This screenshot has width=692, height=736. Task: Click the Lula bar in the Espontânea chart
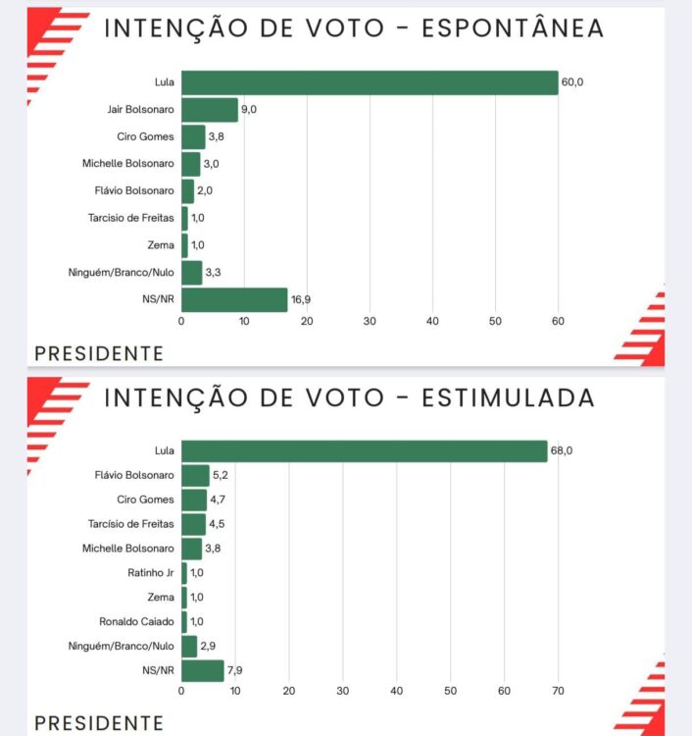[x=370, y=82]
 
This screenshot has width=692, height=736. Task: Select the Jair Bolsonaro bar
[x=210, y=110]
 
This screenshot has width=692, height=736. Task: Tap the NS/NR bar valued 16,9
[x=234, y=299]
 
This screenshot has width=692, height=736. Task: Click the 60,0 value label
[x=572, y=82]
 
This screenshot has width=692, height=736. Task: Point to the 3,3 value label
[x=213, y=272]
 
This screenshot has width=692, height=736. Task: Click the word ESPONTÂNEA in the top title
[x=512, y=28]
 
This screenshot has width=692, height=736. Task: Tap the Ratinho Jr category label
[x=152, y=572]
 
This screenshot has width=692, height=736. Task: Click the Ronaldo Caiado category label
[x=137, y=621]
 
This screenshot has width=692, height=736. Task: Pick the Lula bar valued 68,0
[x=364, y=450]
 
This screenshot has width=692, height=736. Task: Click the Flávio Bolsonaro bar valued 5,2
[x=195, y=475]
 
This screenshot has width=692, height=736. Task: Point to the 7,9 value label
[x=236, y=670]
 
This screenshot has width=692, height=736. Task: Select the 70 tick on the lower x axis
[x=559, y=691]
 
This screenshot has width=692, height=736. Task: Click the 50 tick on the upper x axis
[x=495, y=321]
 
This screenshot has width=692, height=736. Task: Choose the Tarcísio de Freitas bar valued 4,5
[x=193, y=524]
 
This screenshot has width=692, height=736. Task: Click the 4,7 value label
[x=218, y=499]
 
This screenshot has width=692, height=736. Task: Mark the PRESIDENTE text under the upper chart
[x=99, y=353]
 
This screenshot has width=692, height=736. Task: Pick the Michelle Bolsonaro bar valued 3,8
[x=191, y=548]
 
